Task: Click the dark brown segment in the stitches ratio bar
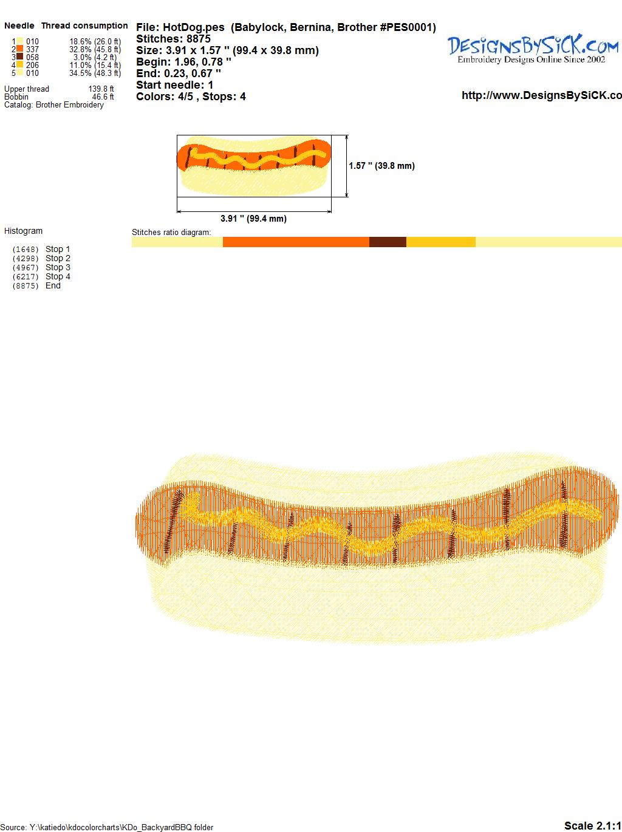[x=388, y=242]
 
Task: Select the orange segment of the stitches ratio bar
[x=296, y=242]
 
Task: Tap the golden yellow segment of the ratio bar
[x=441, y=242]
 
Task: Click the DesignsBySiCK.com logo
[x=533, y=49]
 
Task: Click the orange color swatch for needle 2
[x=19, y=49]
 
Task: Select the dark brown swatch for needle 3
[x=19, y=57]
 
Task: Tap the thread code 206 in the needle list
[x=32, y=65]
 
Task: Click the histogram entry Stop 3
[x=58, y=268]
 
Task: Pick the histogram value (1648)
[x=26, y=250]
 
